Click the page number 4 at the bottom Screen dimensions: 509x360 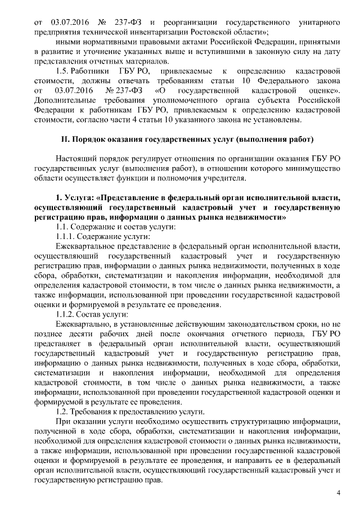pyautogui.click(x=338, y=493)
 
